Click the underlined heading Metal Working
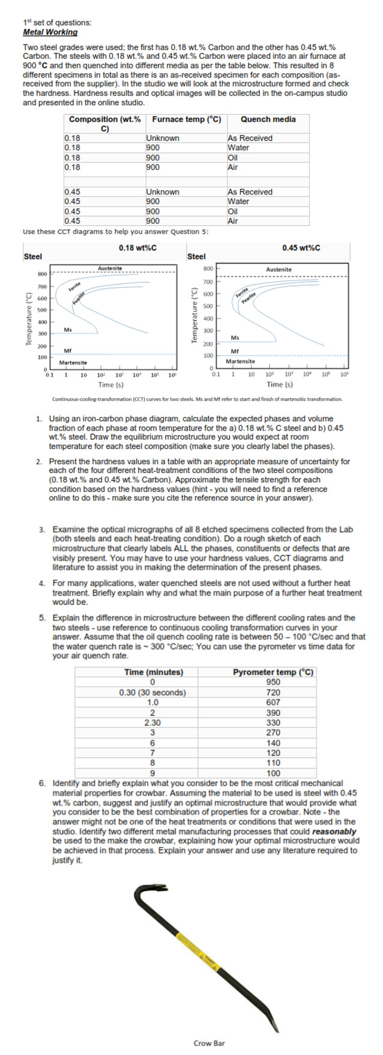point(50,32)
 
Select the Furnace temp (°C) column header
point(186,119)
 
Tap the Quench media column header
point(268,119)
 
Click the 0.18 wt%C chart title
point(137,248)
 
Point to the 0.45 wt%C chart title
point(301,248)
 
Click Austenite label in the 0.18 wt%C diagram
point(109,268)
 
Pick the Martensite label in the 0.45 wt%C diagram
point(240,361)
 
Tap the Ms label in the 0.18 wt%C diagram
point(68,330)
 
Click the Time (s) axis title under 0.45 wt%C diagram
point(280,384)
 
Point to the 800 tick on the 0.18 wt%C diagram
point(42,274)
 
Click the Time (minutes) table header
point(153,672)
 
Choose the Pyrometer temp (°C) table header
point(273,672)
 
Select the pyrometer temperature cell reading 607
point(273,702)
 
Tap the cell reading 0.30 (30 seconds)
point(152,692)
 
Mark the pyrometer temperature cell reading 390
point(273,713)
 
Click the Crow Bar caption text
point(209,1043)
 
